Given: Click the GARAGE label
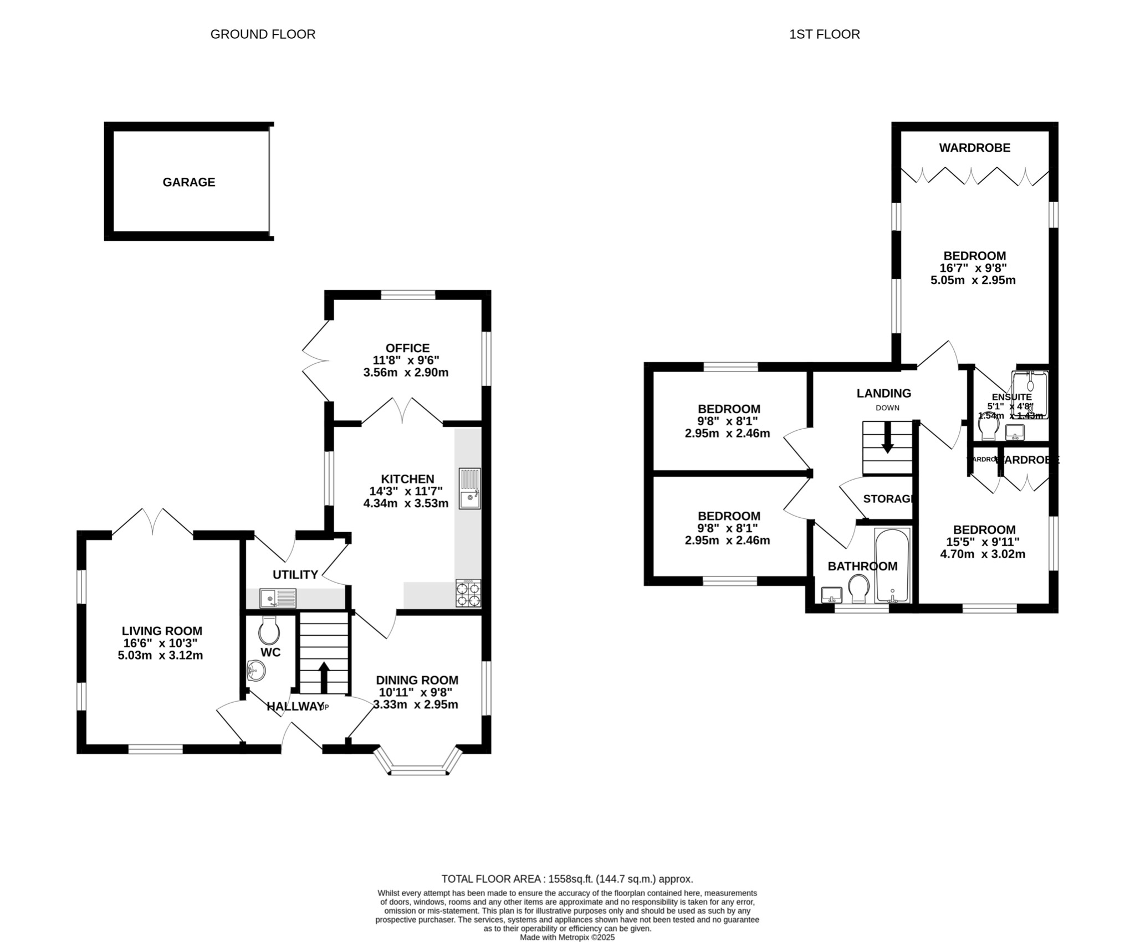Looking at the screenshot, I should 188,182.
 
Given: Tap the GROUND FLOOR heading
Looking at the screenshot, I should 263,34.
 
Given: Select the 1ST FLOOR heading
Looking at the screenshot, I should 824,34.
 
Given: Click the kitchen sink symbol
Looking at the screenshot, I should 469,488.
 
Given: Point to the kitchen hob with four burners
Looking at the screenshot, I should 468,594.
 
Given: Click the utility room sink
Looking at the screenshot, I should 278,598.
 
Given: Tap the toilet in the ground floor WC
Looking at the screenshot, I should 270,629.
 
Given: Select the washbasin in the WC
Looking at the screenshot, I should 256,671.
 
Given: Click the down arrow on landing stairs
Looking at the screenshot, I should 887,440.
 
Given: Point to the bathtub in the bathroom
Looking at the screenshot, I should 892,565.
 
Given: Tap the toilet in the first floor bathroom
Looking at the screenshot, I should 858,589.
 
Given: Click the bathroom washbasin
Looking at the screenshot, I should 831,595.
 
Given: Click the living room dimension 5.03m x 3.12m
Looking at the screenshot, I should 160,656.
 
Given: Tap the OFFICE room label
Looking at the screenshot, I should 407,348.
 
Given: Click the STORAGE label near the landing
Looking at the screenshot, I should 887,498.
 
